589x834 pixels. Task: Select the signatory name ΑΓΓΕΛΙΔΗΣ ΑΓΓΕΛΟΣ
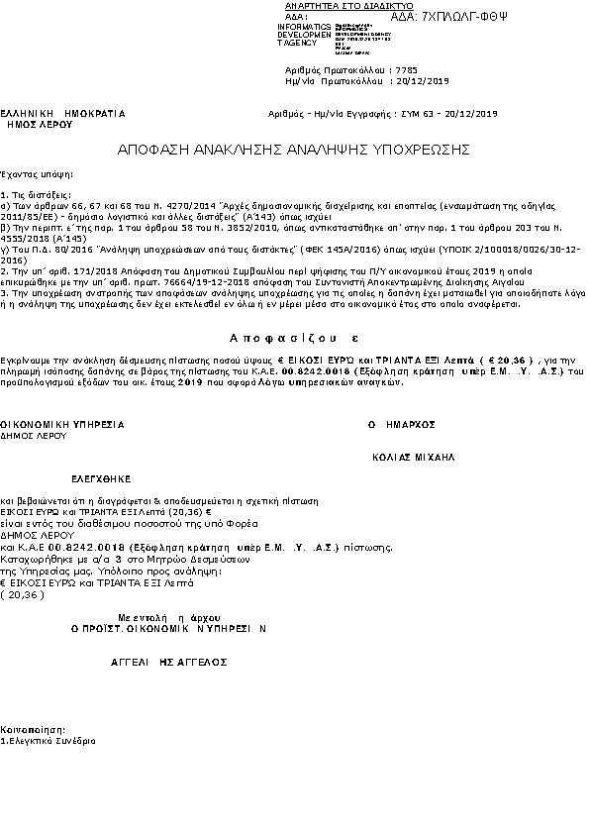point(160,658)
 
